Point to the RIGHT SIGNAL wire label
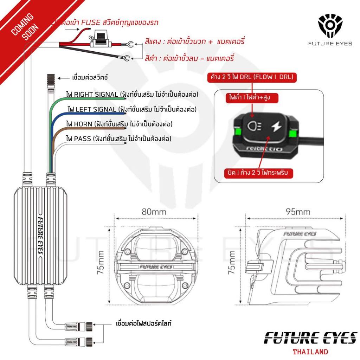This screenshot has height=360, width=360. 132,94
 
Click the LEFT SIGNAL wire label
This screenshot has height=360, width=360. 131,109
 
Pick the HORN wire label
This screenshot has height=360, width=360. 119,124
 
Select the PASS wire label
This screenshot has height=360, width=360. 118,139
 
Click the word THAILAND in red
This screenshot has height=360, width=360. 310,352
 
